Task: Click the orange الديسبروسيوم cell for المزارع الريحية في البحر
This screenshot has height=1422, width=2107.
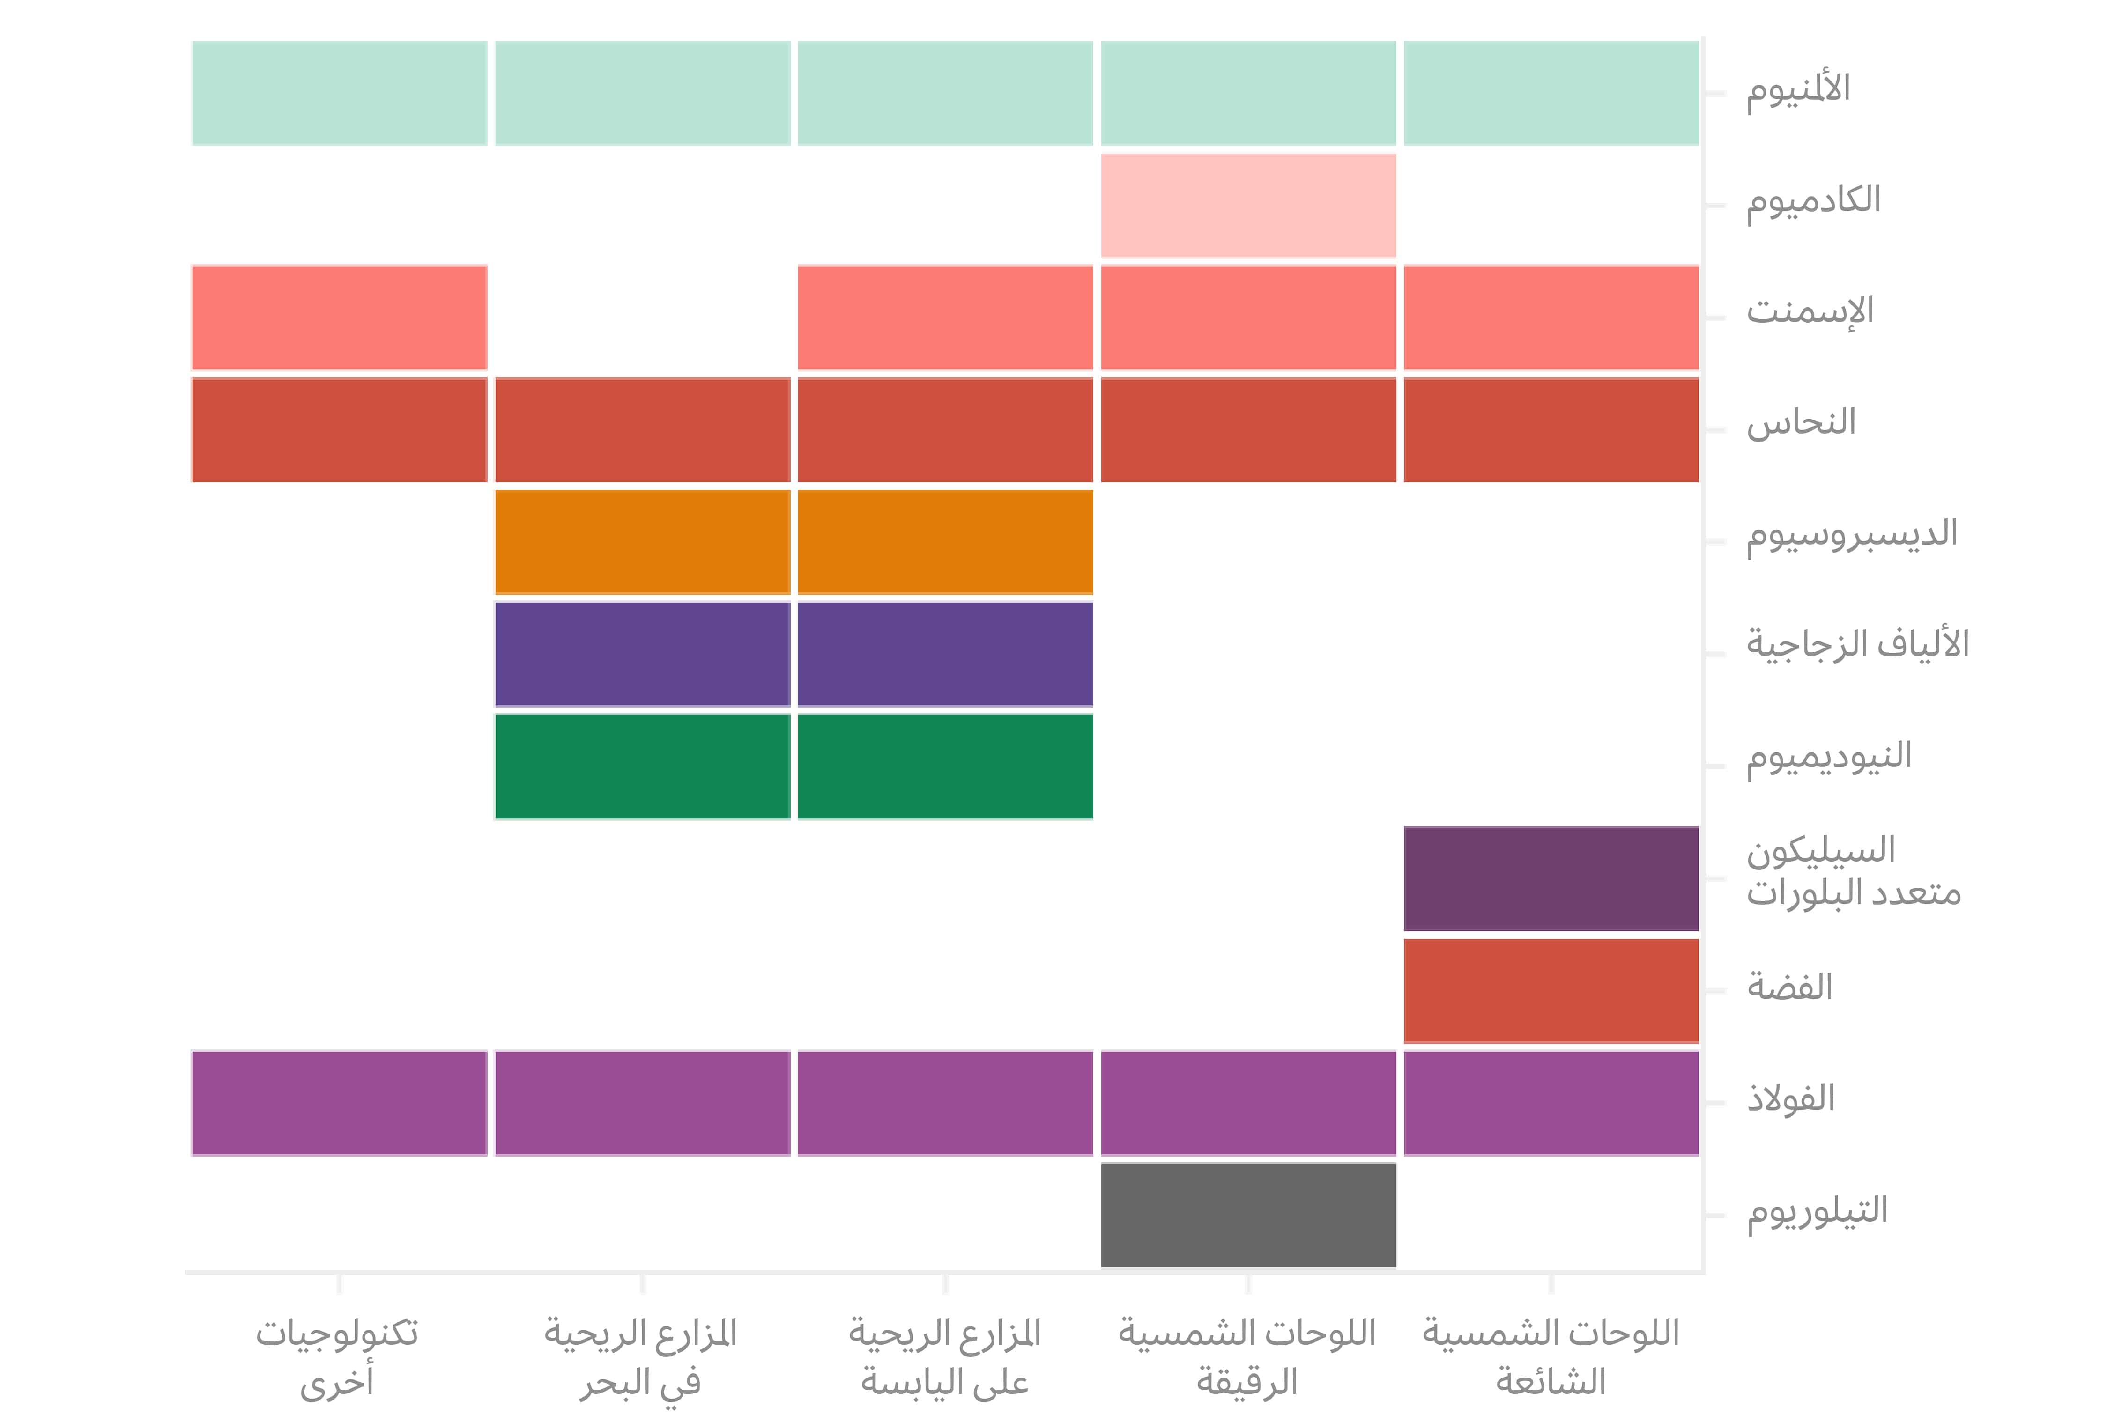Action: tap(642, 542)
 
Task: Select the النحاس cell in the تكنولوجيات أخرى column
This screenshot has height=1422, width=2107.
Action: tap(339, 429)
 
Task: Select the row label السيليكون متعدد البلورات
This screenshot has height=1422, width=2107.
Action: tap(1853, 872)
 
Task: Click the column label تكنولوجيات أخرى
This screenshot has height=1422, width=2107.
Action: tap(337, 1357)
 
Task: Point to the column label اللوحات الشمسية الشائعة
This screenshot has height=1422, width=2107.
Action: tap(1551, 1357)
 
